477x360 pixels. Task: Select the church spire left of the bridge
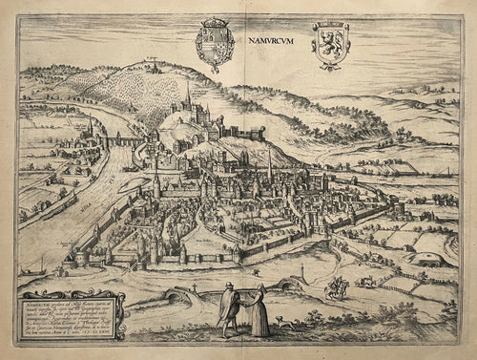point(90,127)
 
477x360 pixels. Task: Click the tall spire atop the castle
point(187,94)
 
